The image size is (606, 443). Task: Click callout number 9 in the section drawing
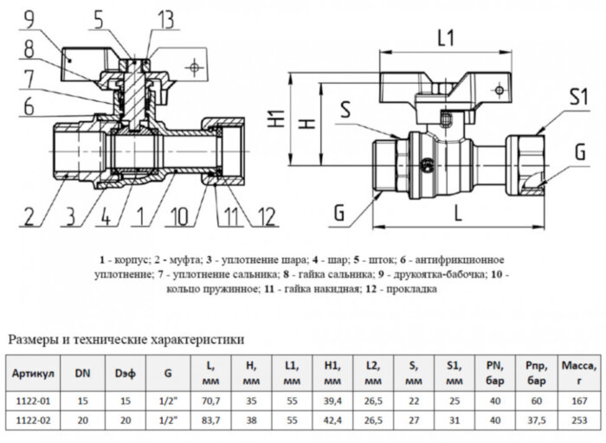pyautogui.click(x=29, y=17)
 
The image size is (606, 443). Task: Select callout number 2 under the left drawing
pyautogui.click(x=30, y=215)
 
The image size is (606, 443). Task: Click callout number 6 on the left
pyautogui.click(x=28, y=107)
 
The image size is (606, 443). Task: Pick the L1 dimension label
pyautogui.click(x=448, y=38)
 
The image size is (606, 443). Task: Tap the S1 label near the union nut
pyautogui.click(x=577, y=95)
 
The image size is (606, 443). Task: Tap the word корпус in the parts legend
pyautogui.click(x=132, y=260)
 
